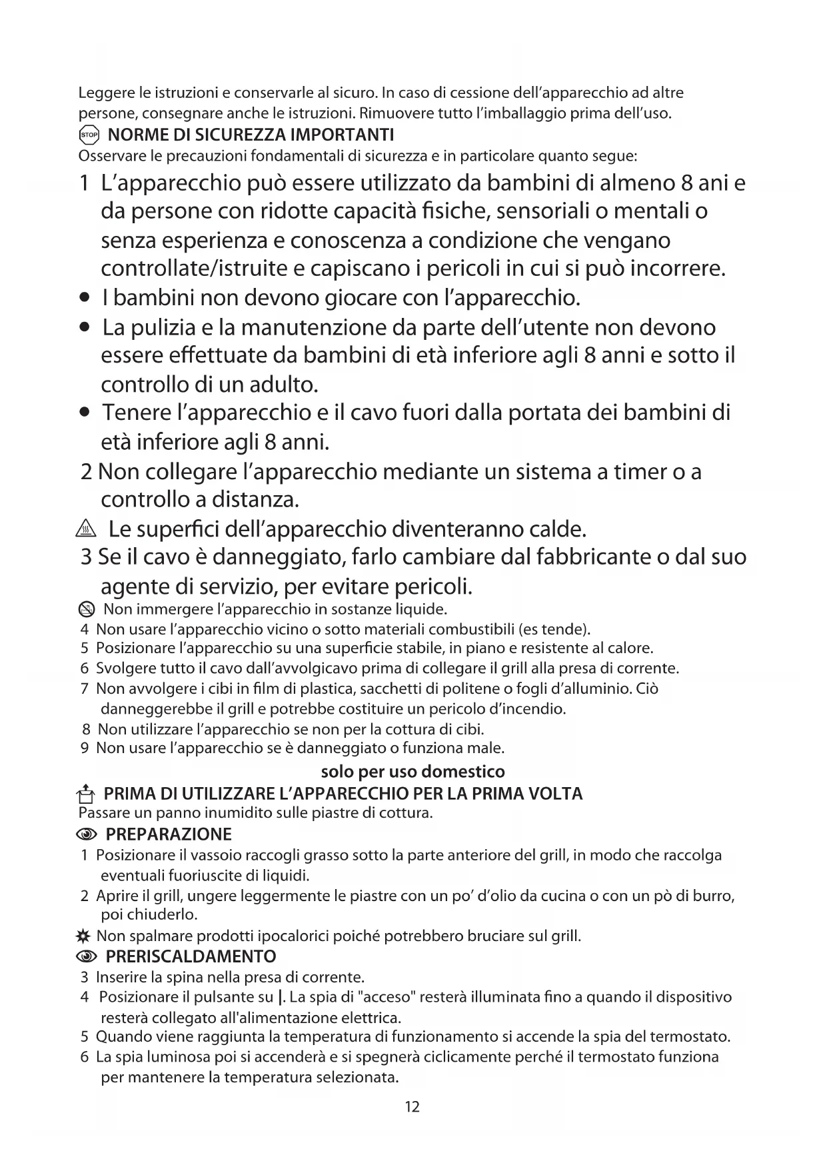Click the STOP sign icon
(89, 135)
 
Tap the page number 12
(413, 1107)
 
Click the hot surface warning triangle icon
(87, 530)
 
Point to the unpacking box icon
(86, 794)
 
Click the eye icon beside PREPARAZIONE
(87, 835)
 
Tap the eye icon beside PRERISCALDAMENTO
(87, 957)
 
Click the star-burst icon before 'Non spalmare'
(84, 936)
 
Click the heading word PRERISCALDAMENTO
(191, 957)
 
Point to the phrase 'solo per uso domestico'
(413, 772)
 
